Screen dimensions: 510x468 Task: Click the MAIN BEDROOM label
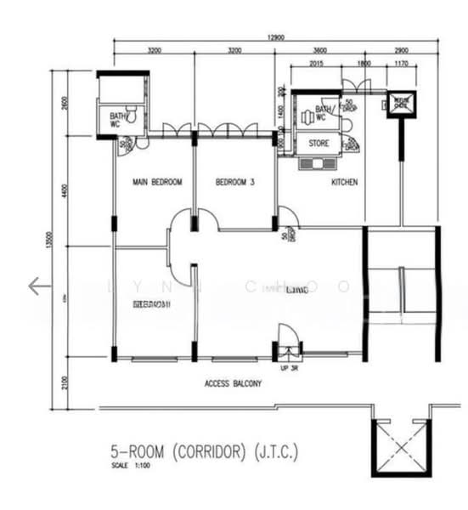[x=157, y=182]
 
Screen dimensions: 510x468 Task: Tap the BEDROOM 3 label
[x=235, y=182]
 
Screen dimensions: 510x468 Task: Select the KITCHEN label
[x=344, y=182]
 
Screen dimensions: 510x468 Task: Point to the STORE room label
[x=319, y=144]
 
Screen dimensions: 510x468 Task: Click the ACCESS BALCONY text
[x=233, y=383]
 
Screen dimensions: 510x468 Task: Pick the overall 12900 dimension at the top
[x=273, y=37]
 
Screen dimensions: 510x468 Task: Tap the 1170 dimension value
[x=402, y=64]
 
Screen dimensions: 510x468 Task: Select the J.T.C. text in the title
[x=277, y=451]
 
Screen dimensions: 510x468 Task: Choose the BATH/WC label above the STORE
[x=325, y=113]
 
